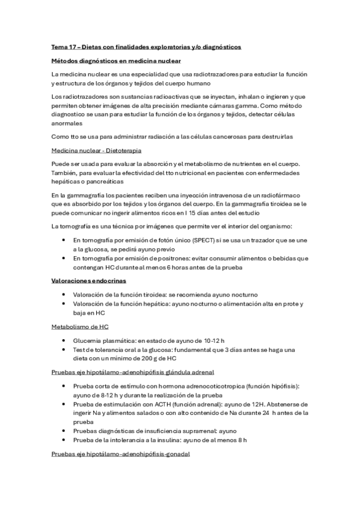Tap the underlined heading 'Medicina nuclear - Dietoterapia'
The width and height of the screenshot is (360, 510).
tap(96, 150)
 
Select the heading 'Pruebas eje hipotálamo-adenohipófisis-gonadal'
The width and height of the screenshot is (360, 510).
tap(120, 455)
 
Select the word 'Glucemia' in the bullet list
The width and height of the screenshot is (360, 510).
tap(86, 340)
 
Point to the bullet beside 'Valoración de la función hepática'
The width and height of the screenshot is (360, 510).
tap(64, 304)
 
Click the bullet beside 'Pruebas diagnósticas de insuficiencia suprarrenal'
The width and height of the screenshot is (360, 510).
tap(64, 431)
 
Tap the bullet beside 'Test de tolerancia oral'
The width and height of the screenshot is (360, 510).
tap(64, 349)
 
